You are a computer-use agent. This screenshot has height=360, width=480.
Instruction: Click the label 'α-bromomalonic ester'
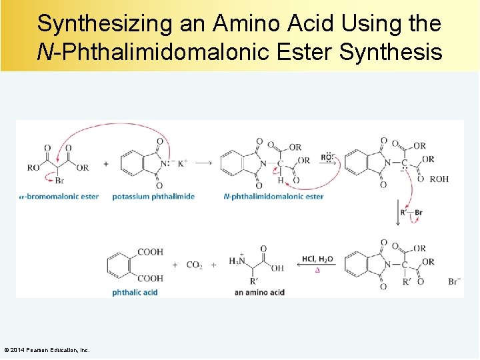(59, 197)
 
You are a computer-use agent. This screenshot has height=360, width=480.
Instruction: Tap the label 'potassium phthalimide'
(153, 197)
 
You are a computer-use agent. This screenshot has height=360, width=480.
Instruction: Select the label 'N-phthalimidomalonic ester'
(273, 197)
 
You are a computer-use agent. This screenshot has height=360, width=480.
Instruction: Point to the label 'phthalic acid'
(135, 292)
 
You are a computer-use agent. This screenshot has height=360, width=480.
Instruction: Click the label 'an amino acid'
(259, 292)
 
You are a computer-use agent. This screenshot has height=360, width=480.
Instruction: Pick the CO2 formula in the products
(195, 265)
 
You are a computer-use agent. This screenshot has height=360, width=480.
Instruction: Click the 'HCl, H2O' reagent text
(317, 259)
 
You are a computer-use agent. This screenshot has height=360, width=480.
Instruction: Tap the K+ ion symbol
(182, 163)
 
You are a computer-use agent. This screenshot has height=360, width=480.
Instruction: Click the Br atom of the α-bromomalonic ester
(60, 181)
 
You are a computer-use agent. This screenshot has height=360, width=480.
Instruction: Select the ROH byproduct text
(439, 179)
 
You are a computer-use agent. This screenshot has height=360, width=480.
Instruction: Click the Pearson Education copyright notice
(47, 350)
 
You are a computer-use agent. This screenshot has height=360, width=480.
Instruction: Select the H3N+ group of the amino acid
(237, 261)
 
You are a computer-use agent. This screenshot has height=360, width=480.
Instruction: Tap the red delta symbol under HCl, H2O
(317, 271)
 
